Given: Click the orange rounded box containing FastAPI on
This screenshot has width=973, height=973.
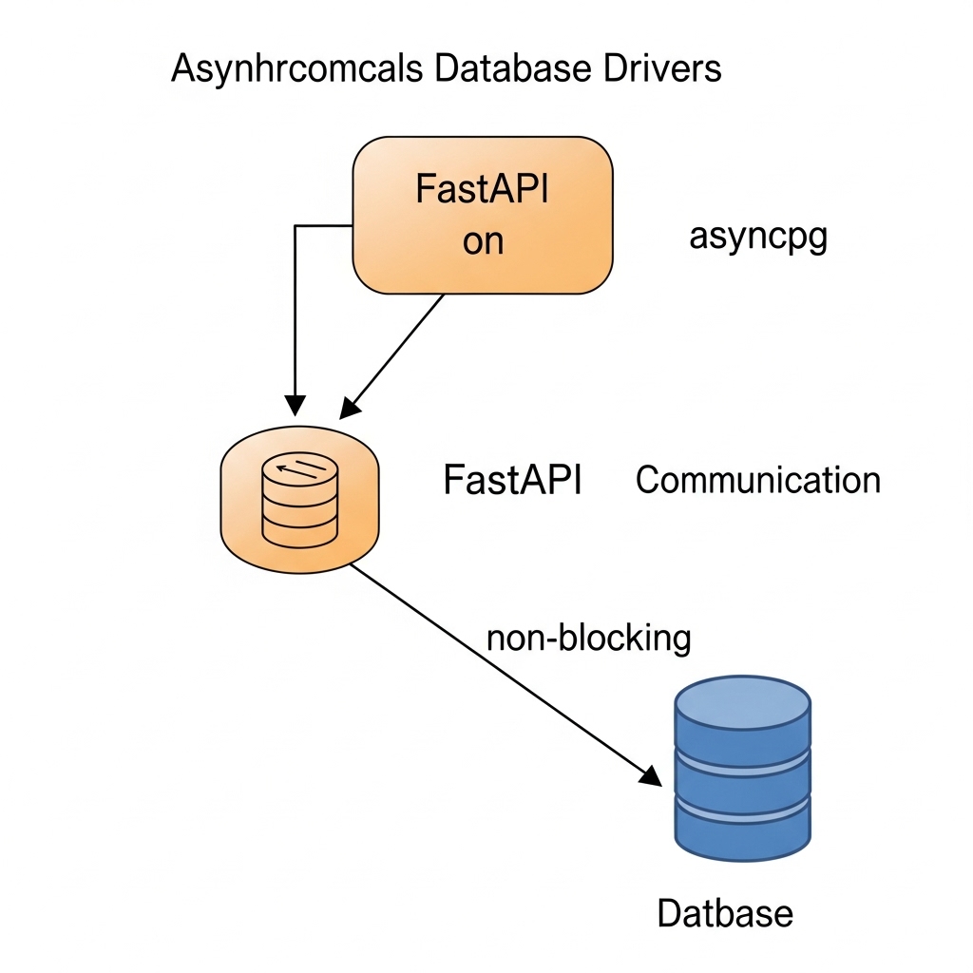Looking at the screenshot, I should click(482, 215).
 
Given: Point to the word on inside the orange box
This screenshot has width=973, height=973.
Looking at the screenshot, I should click(483, 242).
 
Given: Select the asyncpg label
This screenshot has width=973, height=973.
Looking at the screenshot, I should click(757, 238).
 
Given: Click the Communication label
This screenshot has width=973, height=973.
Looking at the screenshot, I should click(757, 480).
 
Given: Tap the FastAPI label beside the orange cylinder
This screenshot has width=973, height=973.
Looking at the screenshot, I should click(511, 480).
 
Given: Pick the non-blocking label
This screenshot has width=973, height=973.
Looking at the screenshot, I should click(588, 638).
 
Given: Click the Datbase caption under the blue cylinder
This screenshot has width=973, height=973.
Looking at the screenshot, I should click(725, 913).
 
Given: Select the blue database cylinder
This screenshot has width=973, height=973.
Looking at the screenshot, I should click(742, 770).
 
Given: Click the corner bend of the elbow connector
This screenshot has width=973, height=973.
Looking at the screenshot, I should click(296, 226).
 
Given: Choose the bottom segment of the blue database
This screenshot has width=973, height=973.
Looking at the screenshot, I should click(742, 825).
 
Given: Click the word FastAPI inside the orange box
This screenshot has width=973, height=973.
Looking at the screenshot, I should click(483, 190).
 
